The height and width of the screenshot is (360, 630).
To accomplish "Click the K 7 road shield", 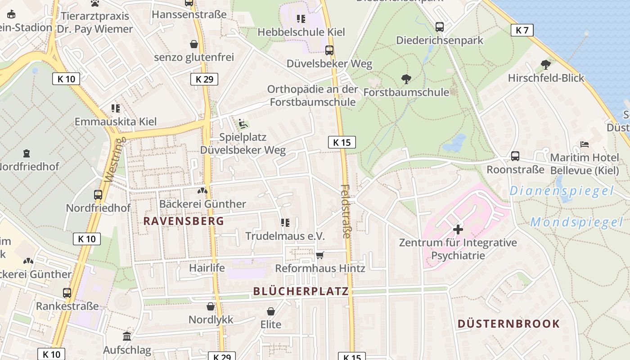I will pyautogui.click(x=522, y=30).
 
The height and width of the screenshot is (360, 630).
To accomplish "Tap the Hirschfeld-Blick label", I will pyautogui.click(x=546, y=78).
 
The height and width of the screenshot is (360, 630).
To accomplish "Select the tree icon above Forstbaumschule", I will pyautogui.click(x=406, y=80).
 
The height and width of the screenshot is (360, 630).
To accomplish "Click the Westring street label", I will pyautogui.click(x=115, y=160).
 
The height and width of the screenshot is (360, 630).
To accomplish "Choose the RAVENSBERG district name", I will pyautogui.click(x=184, y=221).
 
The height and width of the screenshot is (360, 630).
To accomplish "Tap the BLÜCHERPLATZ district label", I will pyautogui.click(x=301, y=291).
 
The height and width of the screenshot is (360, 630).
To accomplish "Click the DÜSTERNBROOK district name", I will pyautogui.click(x=508, y=324).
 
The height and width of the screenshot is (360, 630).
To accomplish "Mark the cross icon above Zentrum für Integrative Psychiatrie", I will pyautogui.click(x=458, y=229).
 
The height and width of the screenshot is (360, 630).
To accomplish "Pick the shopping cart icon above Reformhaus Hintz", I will pyautogui.click(x=320, y=255).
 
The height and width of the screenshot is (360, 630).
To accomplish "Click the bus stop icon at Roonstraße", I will pyautogui.click(x=515, y=156).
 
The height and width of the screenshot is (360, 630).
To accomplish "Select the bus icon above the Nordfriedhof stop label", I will pyautogui.click(x=98, y=195).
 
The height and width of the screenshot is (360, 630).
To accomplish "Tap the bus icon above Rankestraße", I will pyautogui.click(x=67, y=293).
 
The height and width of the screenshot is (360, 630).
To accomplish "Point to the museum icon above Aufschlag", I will pyautogui.click(x=127, y=336).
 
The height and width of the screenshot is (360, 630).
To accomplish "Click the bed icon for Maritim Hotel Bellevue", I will pyautogui.click(x=584, y=144).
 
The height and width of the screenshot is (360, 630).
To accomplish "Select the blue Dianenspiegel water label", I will pyautogui.click(x=561, y=191).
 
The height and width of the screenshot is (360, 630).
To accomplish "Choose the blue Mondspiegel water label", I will pyautogui.click(x=576, y=222).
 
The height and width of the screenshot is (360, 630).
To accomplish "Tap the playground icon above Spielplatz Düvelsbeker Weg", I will pyautogui.click(x=243, y=123).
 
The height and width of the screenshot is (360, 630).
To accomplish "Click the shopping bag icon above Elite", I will pyautogui.click(x=271, y=311).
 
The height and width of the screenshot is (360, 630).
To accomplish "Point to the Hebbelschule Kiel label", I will pyautogui.click(x=301, y=32).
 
